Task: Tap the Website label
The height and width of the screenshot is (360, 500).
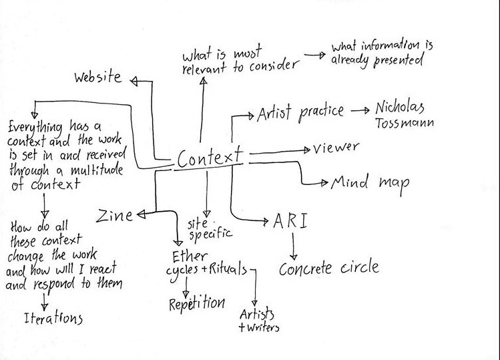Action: click(97, 78)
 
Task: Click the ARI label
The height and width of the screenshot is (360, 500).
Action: click(290, 221)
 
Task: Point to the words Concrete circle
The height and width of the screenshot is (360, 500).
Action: click(328, 268)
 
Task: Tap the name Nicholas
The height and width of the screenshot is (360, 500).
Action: click(400, 108)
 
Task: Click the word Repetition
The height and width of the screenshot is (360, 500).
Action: click(196, 303)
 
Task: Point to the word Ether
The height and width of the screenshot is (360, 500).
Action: click(190, 256)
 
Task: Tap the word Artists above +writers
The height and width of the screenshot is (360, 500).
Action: click(257, 314)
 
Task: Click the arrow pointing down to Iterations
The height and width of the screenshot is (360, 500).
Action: click(45, 301)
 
